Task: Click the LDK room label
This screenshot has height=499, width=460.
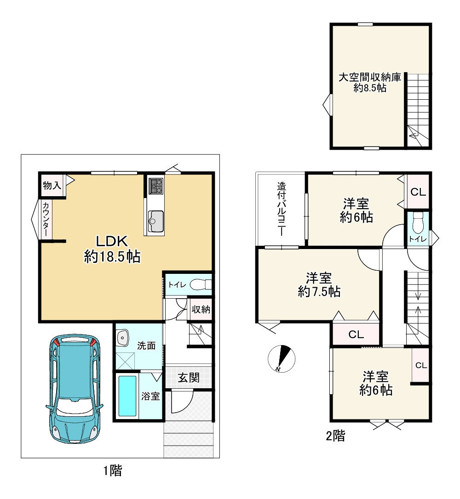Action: [x=112, y=241]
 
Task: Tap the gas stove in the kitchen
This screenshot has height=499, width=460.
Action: [x=156, y=186]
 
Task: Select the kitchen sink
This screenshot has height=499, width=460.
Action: [x=156, y=221]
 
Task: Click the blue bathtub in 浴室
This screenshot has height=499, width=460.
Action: [x=127, y=396]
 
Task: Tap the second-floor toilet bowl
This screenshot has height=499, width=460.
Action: [x=417, y=223]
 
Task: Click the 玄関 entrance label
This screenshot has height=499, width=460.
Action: [x=189, y=378]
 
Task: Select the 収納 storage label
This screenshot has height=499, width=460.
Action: [x=201, y=309]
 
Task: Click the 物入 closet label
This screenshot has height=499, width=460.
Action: [x=52, y=185]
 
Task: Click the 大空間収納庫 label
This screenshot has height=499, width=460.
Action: [x=369, y=77]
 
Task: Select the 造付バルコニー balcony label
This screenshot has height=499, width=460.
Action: [x=281, y=209]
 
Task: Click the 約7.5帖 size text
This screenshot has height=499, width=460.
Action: [x=319, y=291]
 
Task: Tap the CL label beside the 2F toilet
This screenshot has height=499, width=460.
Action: [x=418, y=192]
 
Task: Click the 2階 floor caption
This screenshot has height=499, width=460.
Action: [x=335, y=436]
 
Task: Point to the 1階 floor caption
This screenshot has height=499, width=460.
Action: [x=112, y=471]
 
